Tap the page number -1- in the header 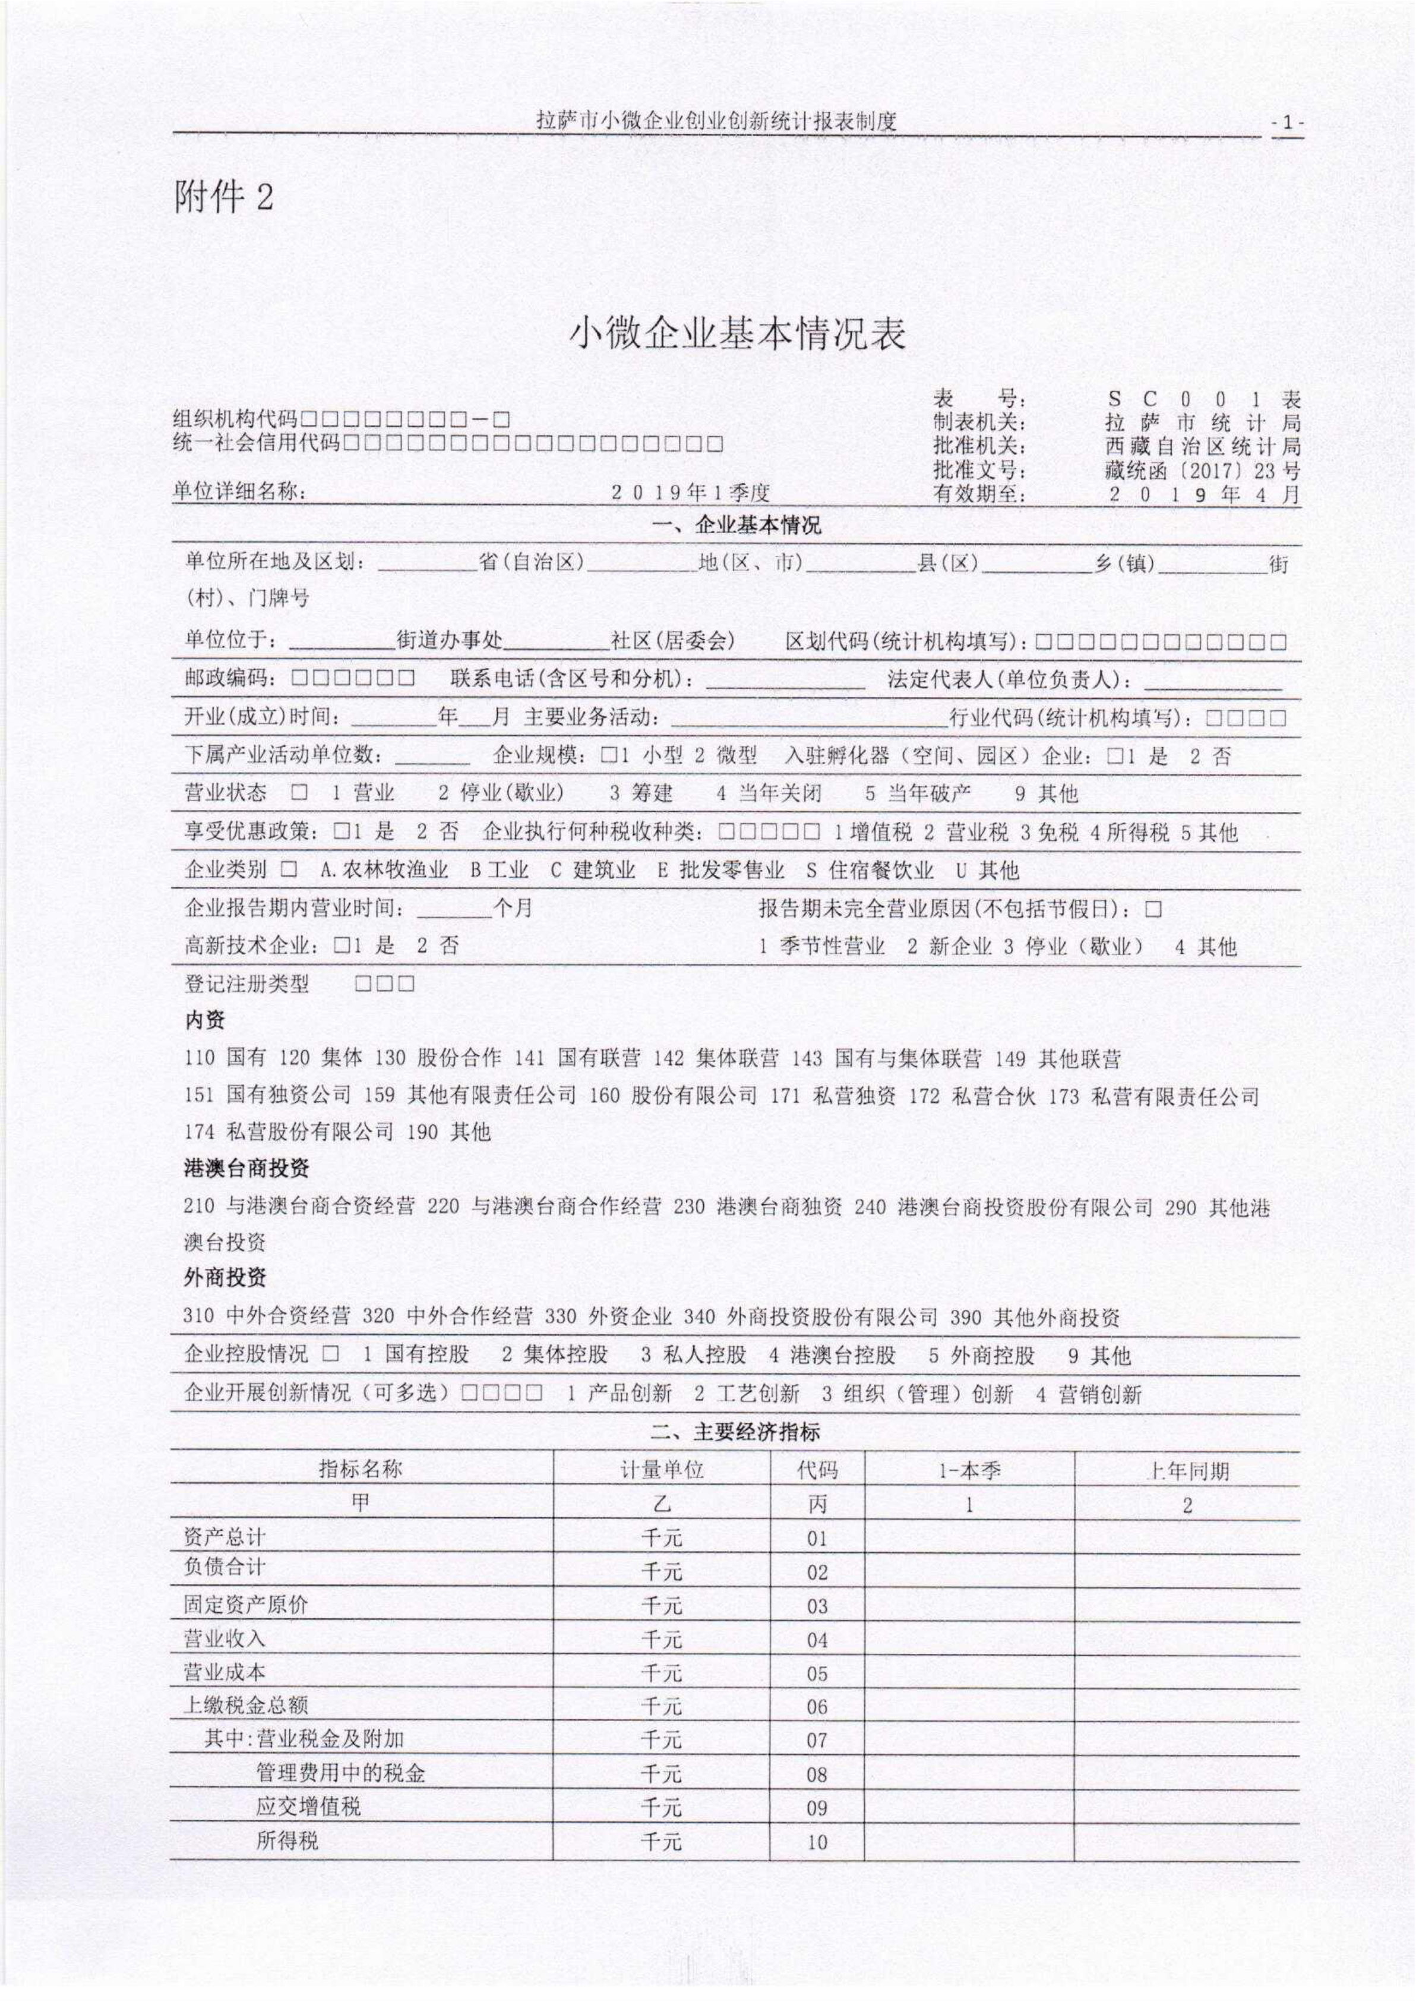tap(1287, 123)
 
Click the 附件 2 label tap(224, 198)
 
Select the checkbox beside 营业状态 tap(300, 793)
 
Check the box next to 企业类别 tap(289, 869)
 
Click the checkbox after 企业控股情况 tap(330, 1354)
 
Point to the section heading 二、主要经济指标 tap(735, 1432)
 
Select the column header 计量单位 tap(661, 1470)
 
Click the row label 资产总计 tap(224, 1537)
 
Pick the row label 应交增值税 tap(308, 1805)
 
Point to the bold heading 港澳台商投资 tap(246, 1168)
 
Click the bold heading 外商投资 tap(225, 1278)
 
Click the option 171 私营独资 tap(833, 1095)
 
